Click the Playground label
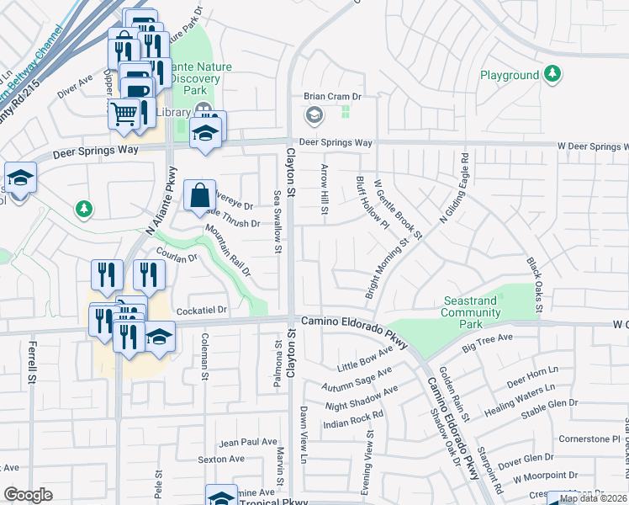tap(510, 76)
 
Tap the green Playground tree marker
tap(552, 75)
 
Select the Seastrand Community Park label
tap(470, 312)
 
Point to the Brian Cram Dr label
tap(332, 97)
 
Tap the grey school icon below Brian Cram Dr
tap(314, 114)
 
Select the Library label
tap(173, 112)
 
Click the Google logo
tap(28, 495)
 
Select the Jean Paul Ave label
tap(248, 442)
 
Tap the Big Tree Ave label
tap(487, 338)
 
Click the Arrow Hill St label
tap(323, 188)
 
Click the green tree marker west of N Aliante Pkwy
tap(83, 208)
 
